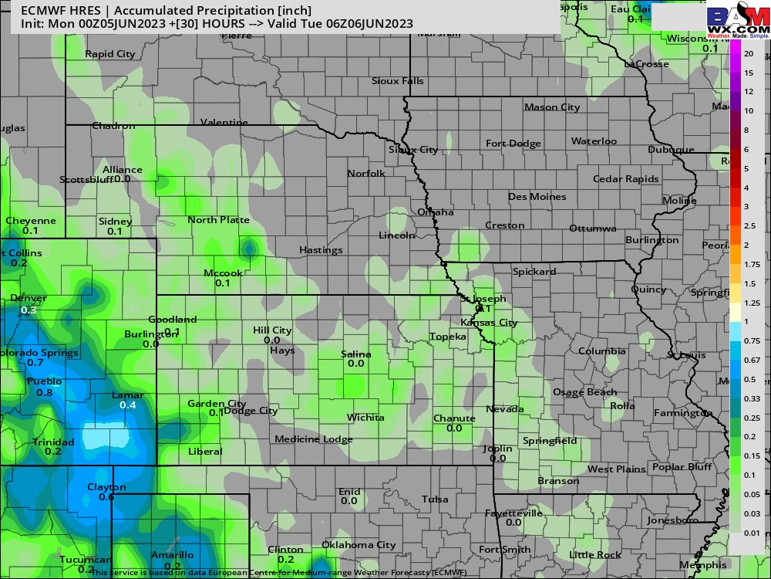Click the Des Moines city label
point(537,197)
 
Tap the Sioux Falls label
point(397,81)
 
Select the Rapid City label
point(109,54)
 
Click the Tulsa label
point(435,499)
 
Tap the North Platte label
point(219,220)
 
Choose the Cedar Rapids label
point(626,179)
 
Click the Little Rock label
point(594,555)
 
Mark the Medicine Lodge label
point(313,439)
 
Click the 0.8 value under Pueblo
point(44,393)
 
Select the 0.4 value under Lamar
point(128,405)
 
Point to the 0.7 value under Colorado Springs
point(35,363)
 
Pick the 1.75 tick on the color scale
point(752,265)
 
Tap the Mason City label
point(551,107)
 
